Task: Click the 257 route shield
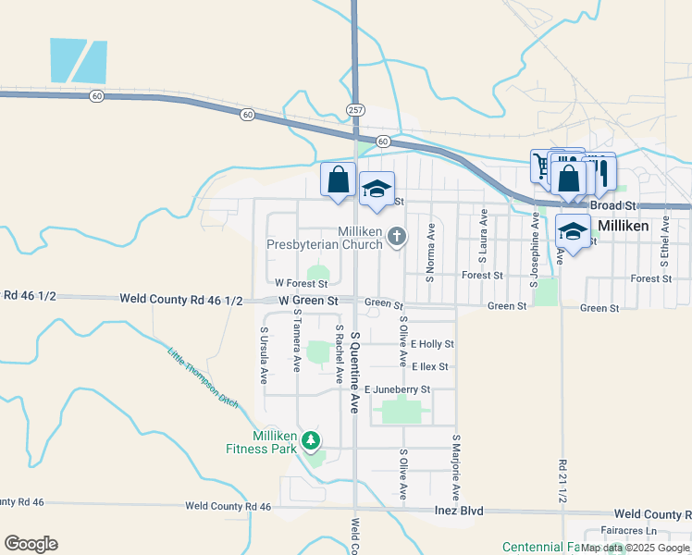click(x=355, y=109)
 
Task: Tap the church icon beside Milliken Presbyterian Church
click(x=397, y=237)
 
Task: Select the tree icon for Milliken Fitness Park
click(x=313, y=439)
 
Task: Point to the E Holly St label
click(x=432, y=344)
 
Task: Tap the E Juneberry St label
click(x=397, y=390)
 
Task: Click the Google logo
click(x=31, y=543)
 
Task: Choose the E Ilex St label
click(x=430, y=366)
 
